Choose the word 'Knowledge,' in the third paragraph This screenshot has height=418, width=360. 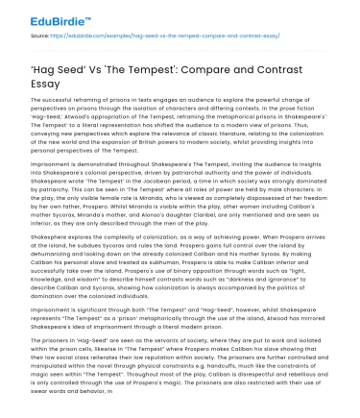[45, 287]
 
